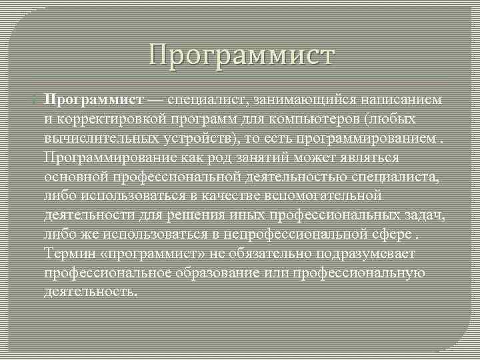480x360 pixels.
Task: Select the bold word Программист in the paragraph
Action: tap(94, 99)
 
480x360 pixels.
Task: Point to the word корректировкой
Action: tap(101, 119)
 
